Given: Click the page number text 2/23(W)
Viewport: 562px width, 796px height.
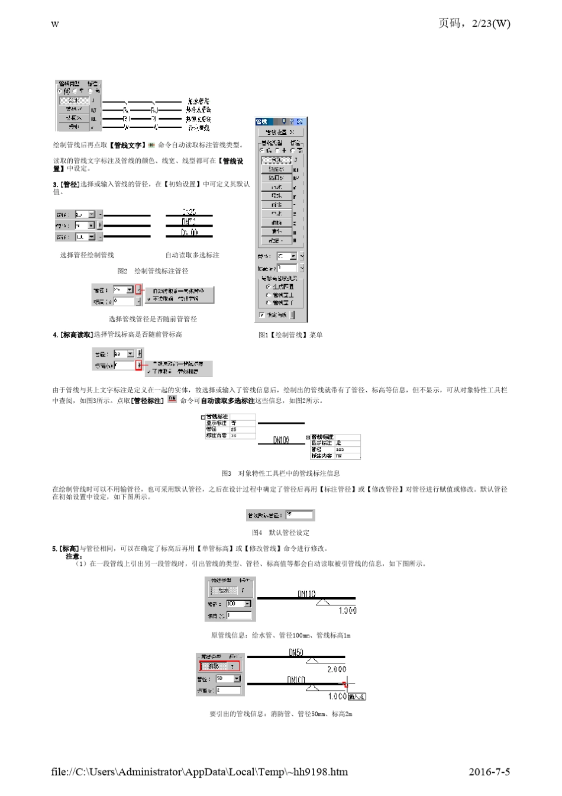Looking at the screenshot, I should (x=490, y=24).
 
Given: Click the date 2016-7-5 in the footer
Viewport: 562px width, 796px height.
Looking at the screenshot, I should (x=489, y=772).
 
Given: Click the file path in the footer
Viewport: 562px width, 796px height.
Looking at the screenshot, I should (x=199, y=772).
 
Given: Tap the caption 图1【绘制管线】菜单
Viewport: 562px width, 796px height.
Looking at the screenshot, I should (x=290, y=335).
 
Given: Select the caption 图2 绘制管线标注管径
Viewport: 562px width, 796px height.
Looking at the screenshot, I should (x=153, y=271).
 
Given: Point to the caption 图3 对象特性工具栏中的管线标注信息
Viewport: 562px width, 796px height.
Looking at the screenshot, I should (x=280, y=473).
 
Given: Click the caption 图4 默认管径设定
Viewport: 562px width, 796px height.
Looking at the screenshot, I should (x=280, y=533).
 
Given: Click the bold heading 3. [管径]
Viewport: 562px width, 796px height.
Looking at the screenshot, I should (x=66, y=185).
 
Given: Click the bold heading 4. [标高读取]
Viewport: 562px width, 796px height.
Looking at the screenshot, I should (x=73, y=335).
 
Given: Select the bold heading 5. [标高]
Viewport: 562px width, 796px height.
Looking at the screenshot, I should (x=66, y=549).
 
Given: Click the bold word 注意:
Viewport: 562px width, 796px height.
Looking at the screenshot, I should (x=73, y=556).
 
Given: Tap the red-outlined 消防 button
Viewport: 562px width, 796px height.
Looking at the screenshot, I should (x=219, y=666).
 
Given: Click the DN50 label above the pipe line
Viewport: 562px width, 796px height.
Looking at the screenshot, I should (x=296, y=652).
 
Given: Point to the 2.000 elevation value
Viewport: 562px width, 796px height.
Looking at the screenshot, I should (x=337, y=669).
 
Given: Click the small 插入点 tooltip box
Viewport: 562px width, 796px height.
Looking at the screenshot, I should (x=357, y=697).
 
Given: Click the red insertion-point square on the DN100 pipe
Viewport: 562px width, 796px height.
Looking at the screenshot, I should (x=345, y=685).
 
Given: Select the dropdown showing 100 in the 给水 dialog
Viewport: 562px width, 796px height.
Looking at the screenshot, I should (x=238, y=604).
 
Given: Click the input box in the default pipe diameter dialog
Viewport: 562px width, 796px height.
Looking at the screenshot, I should (x=298, y=515).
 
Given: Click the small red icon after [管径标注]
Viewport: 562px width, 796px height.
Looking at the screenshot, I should (x=172, y=399).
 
